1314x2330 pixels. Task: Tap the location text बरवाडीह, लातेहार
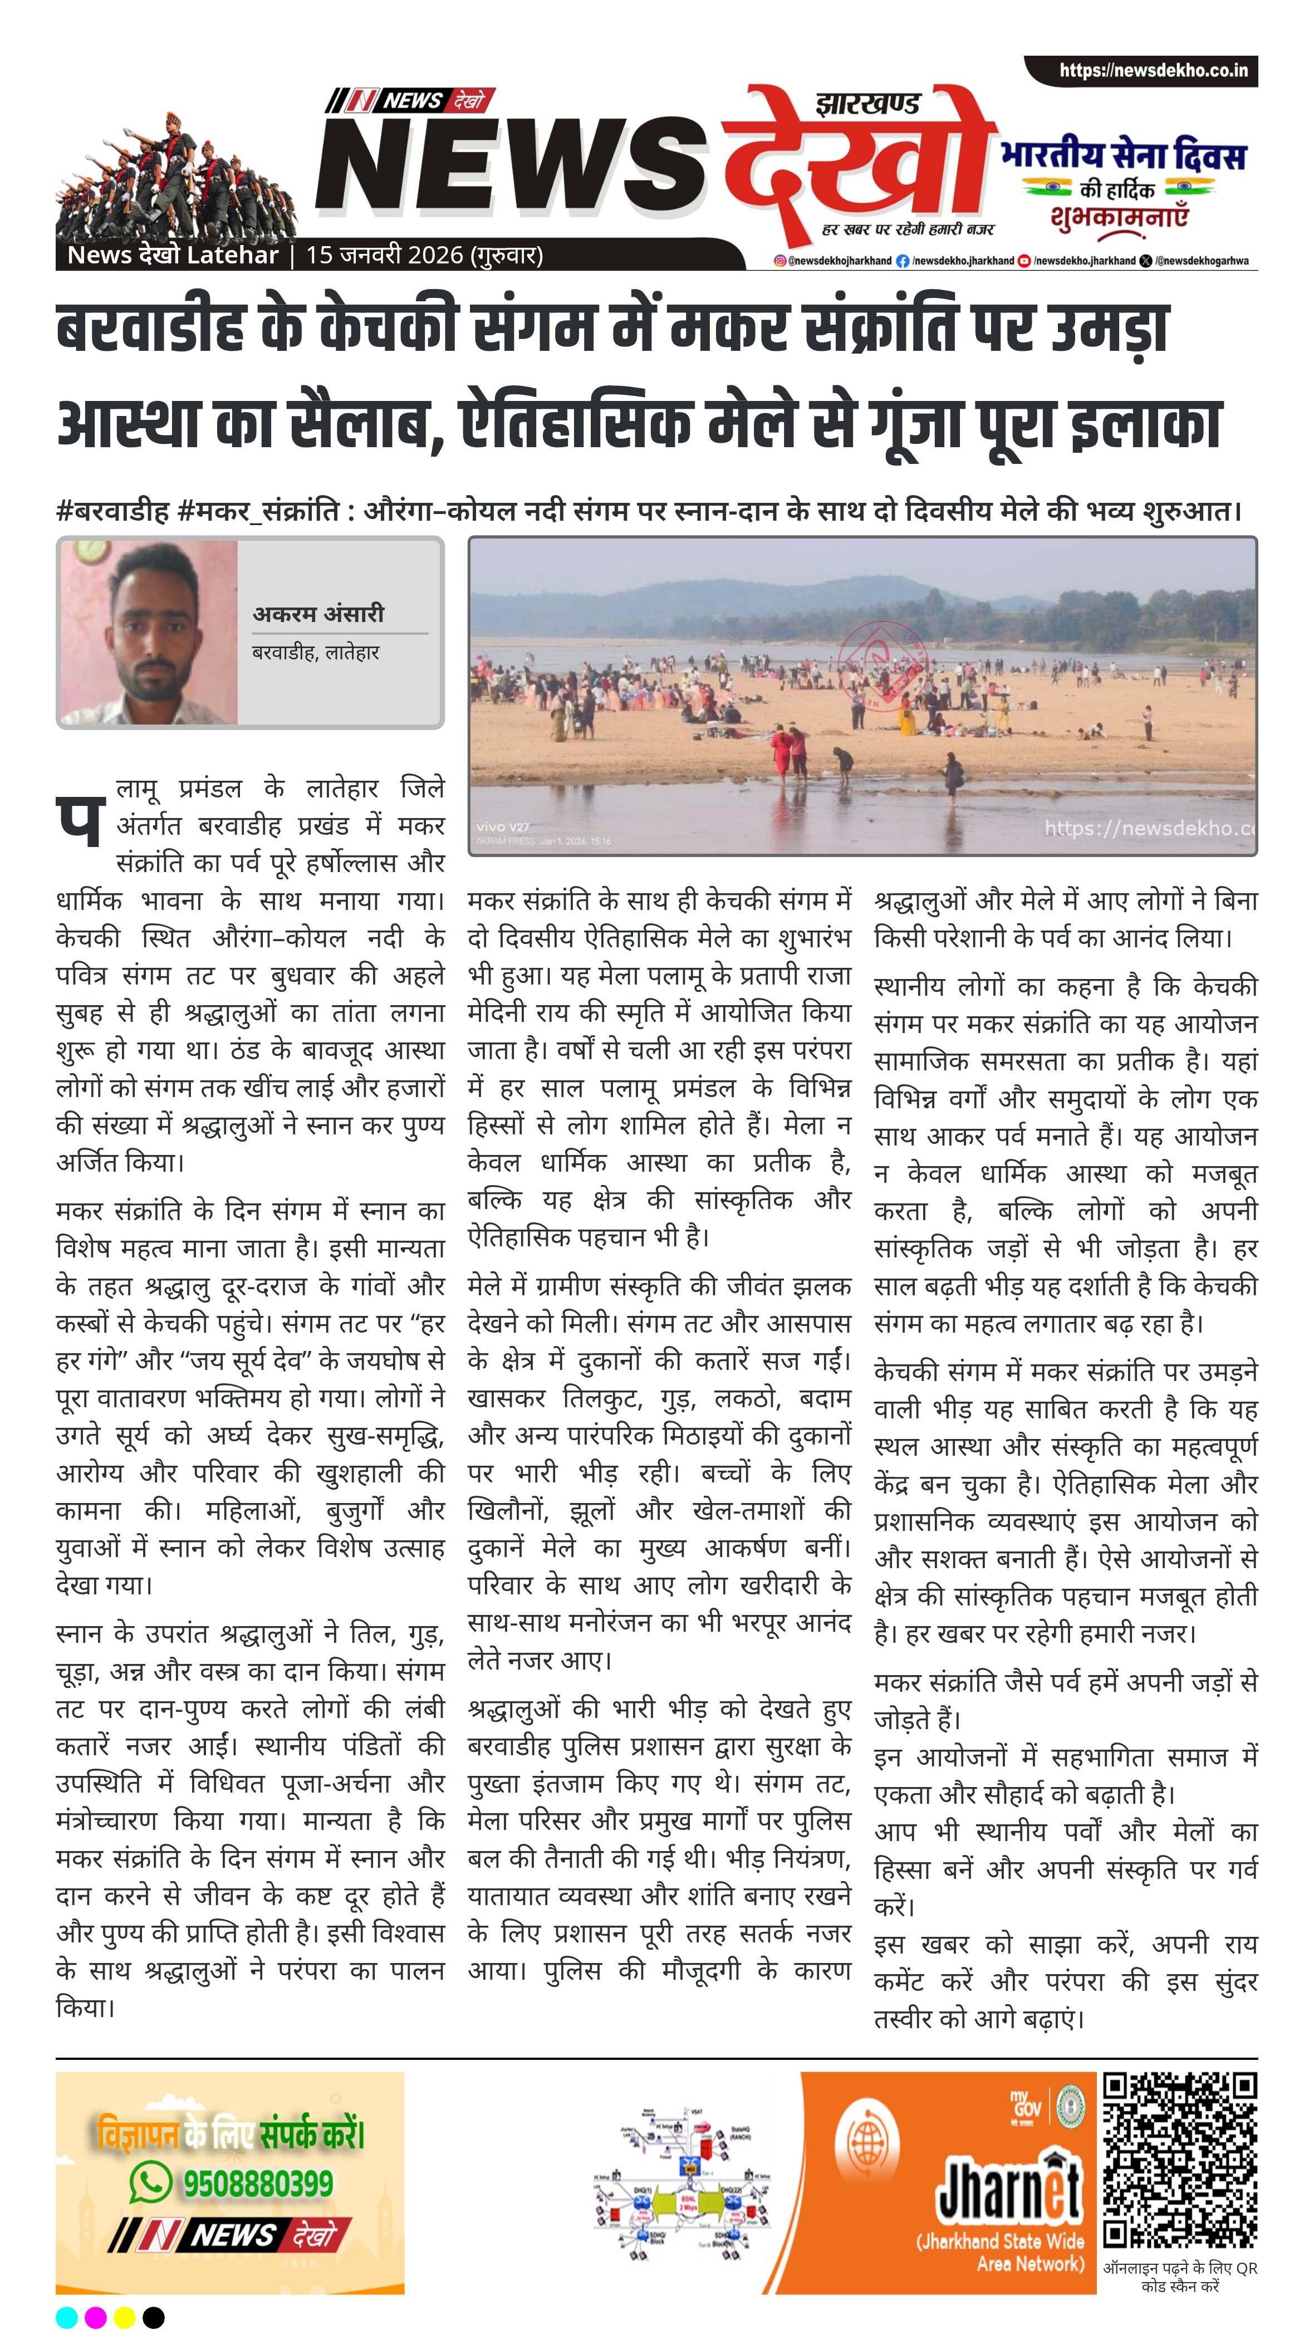(316, 652)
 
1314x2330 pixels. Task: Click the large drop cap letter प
(80, 820)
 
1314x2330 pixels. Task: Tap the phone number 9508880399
(258, 2182)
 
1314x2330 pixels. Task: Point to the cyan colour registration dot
(67, 2317)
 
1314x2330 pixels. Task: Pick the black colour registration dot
(154, 2317)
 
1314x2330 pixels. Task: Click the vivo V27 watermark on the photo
(503, 827)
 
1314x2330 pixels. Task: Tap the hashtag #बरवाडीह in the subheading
(112, 512)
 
